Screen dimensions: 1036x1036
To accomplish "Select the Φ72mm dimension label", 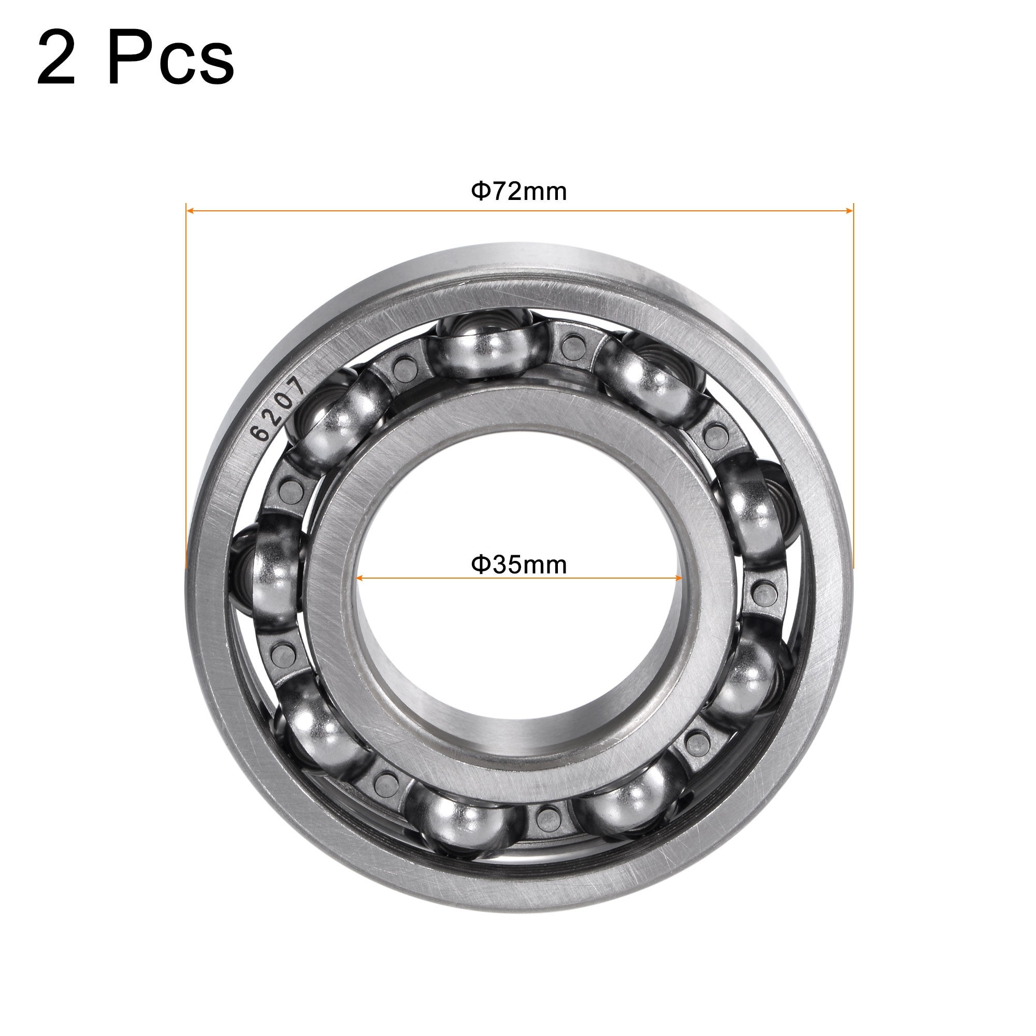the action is pyautogui.click(x=519, y=192).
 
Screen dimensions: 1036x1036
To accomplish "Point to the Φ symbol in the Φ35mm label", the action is pyautogui.click(x=481, y=564).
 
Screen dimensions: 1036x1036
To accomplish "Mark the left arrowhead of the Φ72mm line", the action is pyautogui.click(x=189, y=211).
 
